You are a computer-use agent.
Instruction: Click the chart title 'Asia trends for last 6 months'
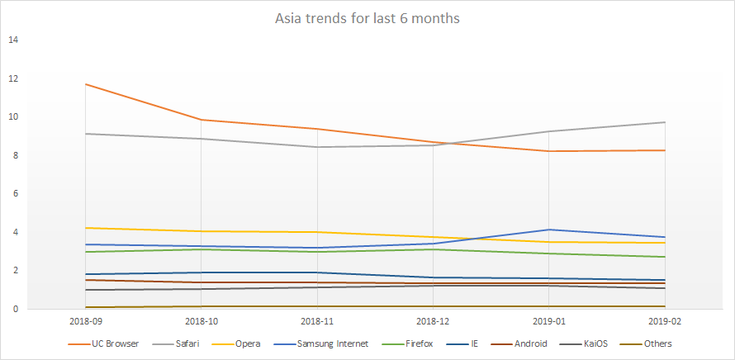click(x=367, y=18)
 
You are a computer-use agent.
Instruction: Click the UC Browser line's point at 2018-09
click(x=87, y=84)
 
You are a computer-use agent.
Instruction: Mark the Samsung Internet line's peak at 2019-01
click(x=549, y=230)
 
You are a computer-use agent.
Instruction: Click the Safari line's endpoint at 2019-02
click(x=665, y=122)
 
